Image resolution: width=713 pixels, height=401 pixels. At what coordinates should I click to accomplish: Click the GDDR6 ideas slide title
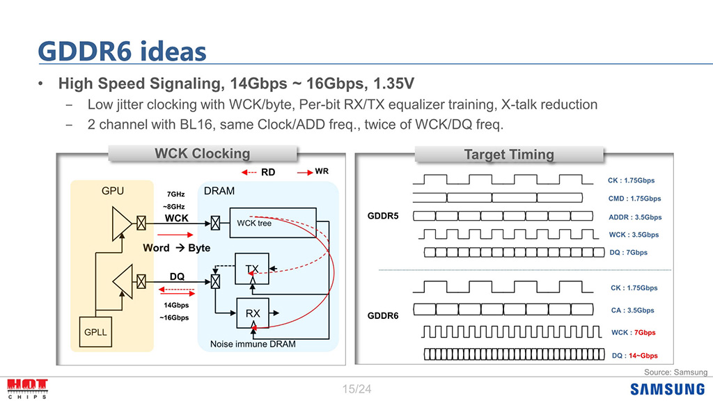click(122, 51)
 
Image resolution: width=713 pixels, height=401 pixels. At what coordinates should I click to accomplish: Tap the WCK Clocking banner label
click(202, 154)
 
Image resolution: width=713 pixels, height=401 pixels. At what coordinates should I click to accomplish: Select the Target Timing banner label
click(509, 155)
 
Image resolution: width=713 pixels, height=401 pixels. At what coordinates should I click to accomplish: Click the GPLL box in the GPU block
click(95, 332)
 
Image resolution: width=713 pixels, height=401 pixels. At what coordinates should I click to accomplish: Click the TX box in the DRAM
click(252, 269)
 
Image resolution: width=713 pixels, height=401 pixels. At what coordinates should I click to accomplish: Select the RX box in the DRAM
click(253, 314)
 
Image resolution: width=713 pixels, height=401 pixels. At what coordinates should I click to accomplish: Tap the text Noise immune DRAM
click(253, 344)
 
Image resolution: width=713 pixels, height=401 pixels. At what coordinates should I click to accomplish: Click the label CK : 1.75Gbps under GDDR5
click(632, 180)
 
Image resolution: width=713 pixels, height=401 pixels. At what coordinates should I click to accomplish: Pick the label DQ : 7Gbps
click(624, 253)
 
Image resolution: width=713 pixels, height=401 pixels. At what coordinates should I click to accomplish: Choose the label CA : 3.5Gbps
click(632, 310)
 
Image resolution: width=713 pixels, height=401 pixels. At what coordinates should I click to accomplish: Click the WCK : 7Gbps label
click(633, 333)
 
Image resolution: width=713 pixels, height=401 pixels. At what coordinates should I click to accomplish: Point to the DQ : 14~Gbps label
click(634, 356)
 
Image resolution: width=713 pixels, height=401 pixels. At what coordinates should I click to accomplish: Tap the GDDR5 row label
click(383, 216)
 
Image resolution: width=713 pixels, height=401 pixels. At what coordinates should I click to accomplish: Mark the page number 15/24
click(356, 389)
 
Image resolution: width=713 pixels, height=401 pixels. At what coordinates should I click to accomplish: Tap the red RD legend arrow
click(250, 172)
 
